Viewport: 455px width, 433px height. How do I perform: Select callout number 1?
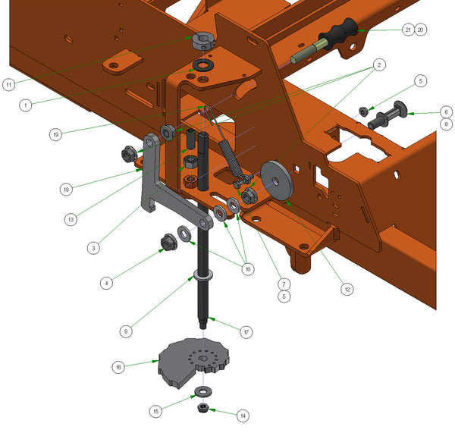point(26,105)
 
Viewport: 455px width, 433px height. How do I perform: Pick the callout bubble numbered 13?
point(71,218)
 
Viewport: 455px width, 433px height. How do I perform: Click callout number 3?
point(93,247)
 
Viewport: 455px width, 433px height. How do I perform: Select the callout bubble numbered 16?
point(118,366)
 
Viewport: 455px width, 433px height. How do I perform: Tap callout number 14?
point(243,416)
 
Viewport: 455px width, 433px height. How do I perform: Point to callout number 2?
point(377,66)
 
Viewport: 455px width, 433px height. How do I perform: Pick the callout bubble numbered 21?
point(408,30)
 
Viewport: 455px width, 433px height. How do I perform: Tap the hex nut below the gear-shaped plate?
point(203,409)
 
